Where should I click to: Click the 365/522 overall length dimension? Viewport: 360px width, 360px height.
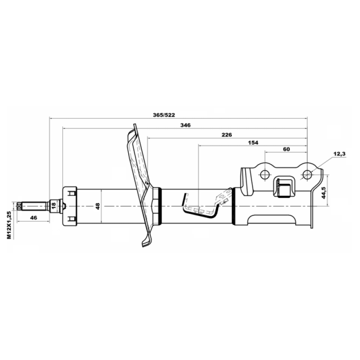point(164,115)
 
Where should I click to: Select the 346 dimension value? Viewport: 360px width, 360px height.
point(185,125)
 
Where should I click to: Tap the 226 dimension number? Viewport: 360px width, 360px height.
point(227,135)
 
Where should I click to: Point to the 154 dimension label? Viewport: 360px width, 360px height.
point(253,143)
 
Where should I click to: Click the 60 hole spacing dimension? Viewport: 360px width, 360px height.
point(286,149)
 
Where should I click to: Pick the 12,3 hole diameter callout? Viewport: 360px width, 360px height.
point(340,154)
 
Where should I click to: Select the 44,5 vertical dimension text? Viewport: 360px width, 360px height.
point(324,193)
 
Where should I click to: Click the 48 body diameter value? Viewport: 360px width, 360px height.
point(98,206)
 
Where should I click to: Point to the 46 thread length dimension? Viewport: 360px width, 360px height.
point(33,218)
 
